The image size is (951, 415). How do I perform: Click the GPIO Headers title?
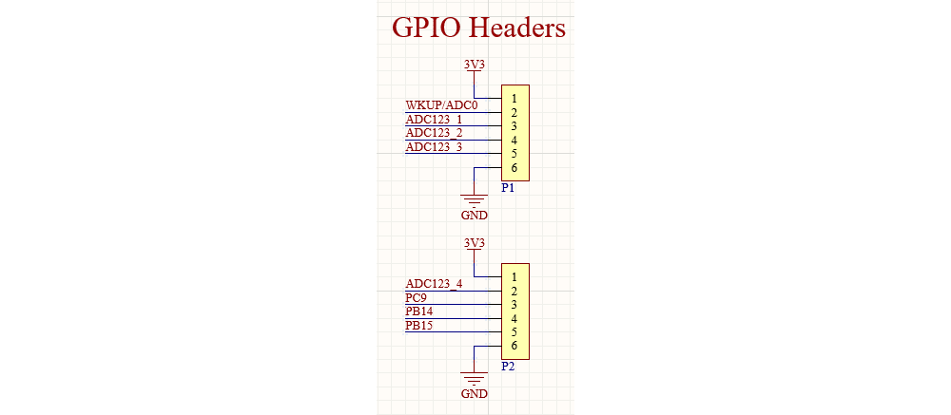(x=478, y=28)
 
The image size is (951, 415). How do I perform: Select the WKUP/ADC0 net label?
(x=441, y=104)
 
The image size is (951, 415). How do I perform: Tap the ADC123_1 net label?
(x=434, y=120)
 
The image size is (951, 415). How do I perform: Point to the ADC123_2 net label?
(x=434, y=133)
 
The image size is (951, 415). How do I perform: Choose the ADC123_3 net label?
(x=434, y=147)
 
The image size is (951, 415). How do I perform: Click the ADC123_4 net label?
(x=434, y=284)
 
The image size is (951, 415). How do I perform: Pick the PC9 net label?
(x=417, y=298)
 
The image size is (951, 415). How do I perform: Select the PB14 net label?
(x=419, y=311)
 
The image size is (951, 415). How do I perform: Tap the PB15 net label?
(x=419, y=326)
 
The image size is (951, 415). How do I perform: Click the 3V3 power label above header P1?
(x=474, y=65)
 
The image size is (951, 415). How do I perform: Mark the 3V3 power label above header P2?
(x=474, y=243)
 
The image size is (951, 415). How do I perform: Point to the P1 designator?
(x=508, y=188)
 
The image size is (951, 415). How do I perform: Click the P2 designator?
(x=508, y=367)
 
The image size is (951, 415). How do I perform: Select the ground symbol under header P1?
(x=474, y=198)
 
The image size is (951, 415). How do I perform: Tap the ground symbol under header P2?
(x=474, y=377)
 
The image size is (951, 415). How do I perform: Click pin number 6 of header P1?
(x=514, y=168)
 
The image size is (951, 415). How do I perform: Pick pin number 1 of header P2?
(x=514, y=277)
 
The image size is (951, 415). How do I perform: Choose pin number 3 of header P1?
(x=514, y=126)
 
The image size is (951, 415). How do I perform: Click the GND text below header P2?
(x=474, y=394)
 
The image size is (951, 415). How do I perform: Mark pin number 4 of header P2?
(x=514, y=319)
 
